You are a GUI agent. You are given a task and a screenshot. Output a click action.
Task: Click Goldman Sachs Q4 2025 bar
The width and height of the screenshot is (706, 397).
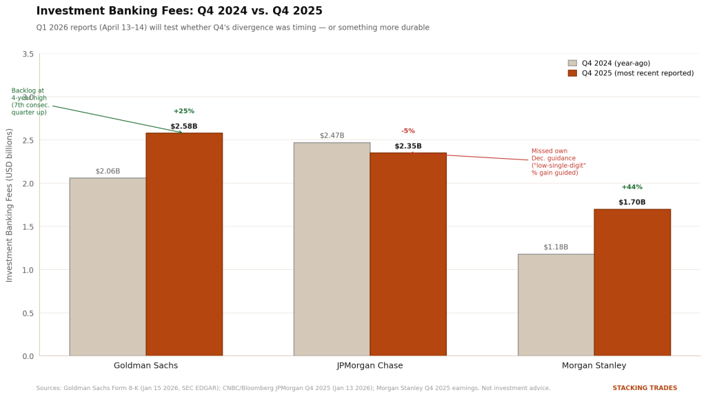coord(184,244)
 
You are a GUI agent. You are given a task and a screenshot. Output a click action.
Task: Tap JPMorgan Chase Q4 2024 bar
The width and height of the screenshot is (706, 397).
coord(332,249)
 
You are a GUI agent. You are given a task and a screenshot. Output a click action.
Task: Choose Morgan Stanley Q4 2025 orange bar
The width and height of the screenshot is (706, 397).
coord(632,282)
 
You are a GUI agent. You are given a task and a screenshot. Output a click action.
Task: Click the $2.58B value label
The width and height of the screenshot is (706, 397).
coord(184,126)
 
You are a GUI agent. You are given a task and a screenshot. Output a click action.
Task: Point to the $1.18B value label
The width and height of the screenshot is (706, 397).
coord(556,247)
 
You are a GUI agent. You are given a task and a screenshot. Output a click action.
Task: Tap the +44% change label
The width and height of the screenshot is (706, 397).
coord(632,187)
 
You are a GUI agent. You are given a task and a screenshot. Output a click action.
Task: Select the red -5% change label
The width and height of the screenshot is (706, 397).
coord(408,131)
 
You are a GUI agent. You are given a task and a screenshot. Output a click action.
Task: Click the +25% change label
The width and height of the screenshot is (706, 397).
coord(184,111)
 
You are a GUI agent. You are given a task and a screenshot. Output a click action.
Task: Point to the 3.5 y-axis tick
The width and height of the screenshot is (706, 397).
coord(28,54)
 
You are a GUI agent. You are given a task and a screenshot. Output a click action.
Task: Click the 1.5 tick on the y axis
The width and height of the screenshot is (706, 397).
coord(28,226)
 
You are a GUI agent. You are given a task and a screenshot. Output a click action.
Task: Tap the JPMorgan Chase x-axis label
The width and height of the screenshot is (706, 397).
coord(370,366)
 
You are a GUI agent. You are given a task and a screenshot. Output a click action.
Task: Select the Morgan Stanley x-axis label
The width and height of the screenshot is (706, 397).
coord(594,366)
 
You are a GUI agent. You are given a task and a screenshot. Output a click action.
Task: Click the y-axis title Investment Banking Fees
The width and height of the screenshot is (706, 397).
coord(10,205)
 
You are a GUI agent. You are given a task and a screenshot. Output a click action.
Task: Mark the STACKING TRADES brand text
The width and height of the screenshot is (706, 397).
coord(645,388)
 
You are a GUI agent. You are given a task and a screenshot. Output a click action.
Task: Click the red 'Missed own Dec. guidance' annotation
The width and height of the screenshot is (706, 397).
coord(558,162)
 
